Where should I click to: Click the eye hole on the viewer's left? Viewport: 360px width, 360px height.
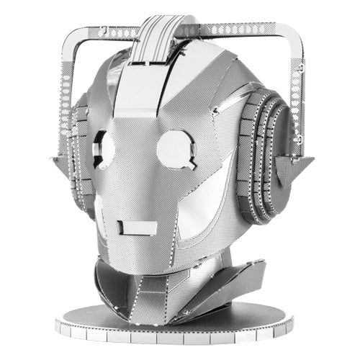[x=103, y=148]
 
